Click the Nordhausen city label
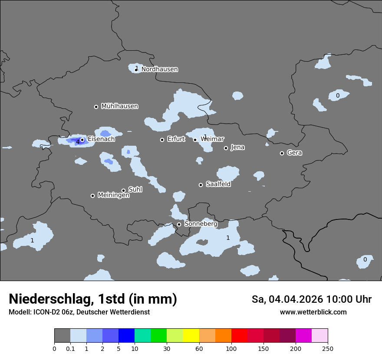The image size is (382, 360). click(x=159, y=69)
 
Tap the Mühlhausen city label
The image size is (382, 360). click(x=119, y=106)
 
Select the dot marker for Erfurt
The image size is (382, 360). click(x=162, y=140)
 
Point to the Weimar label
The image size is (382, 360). click(x=212, y=139)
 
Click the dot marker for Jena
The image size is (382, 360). click(x=226, y=148)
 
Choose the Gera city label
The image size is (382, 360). click(x=294, y=153)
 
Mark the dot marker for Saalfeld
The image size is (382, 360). click(x=201, y=185)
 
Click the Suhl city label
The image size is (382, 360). click(x=135, y=190)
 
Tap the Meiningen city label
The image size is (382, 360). click(x=113, y=196)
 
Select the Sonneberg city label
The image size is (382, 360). click(x=201, y=224)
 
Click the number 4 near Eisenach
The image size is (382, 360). click(x=78, y=142)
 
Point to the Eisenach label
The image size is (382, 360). click(x=101, y=139)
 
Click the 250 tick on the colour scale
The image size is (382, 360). click(x=328, y=348)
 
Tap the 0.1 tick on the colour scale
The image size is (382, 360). click(x=70, y=348)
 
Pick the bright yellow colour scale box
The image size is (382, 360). click(x=191, y=336)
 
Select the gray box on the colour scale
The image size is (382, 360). click(x=62, y=336)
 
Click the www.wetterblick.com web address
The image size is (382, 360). click(x=313, y=312)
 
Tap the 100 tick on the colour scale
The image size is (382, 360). click(x=231, y=348)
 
